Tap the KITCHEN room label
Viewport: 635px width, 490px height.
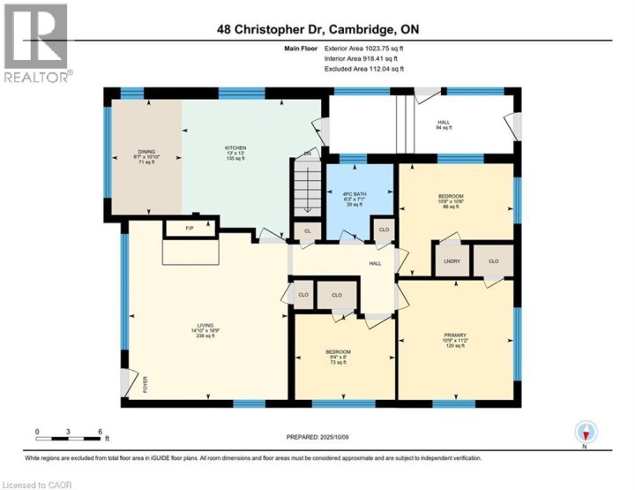(235, 153)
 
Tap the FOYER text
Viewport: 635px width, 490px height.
(146, 384)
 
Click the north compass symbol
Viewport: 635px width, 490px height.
(586, 433)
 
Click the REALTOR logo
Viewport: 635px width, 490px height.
(36, 44)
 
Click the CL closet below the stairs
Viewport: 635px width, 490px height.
(306, 231)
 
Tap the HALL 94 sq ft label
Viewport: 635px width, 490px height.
(444, 125)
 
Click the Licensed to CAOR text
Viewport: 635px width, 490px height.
(37, 484)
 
